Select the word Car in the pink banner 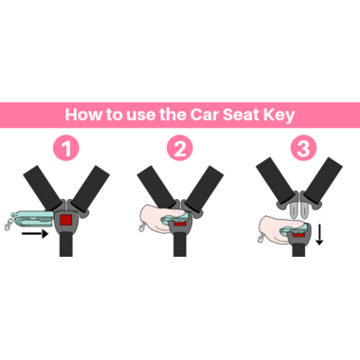coord(205,115)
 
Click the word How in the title coord(83,115)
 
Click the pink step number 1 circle coord(66,148)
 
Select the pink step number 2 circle coord(180,148)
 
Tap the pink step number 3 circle coord(303,148)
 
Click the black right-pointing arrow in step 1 coord(35,234)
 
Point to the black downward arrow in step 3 coord(319,234)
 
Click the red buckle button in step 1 coord(66,220)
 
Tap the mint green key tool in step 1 coord(31,219)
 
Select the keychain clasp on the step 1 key coord(7,225)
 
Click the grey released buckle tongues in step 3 coord(299,209)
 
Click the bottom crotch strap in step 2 coord(180,243)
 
